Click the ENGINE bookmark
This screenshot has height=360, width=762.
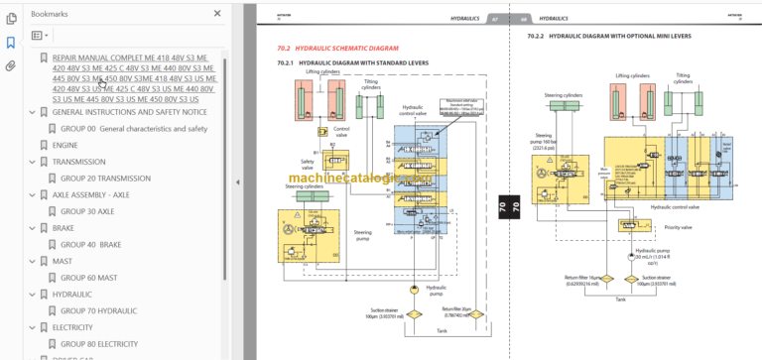coord(64,145)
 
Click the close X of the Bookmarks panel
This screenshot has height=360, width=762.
coord(217,14)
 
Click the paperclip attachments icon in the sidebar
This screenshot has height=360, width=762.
coord(11,66)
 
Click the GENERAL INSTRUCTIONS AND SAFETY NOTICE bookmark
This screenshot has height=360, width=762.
coord(130,112)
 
